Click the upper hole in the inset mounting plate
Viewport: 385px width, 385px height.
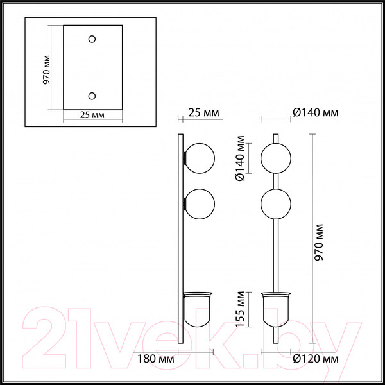click(92, 40)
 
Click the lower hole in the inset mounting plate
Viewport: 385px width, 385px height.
click(92, 96)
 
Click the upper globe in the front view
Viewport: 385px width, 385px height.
click(276, 157)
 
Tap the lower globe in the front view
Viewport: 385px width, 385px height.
click(276, 203)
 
